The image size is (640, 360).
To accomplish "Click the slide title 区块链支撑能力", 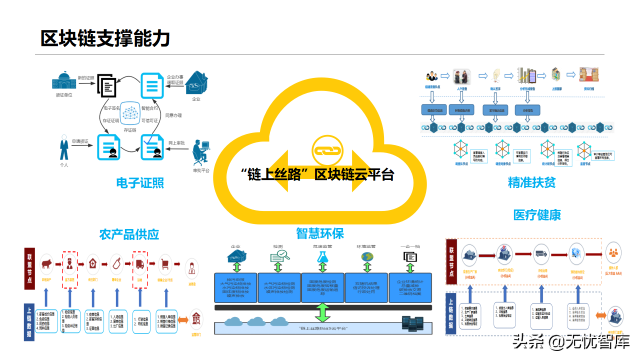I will (105, 38).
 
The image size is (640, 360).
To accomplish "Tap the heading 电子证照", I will (140, 183).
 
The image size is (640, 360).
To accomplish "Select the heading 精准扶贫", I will (531, 182).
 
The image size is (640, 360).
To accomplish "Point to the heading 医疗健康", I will (537, 214).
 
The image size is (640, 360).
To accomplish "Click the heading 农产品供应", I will (129, 234).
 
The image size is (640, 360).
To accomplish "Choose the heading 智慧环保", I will (320, 233).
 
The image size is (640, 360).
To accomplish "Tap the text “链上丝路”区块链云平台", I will (317, 175).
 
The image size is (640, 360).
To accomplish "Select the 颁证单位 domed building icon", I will (63, 81).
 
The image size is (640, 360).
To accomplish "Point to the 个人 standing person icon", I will (64, 148).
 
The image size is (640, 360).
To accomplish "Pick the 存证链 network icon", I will (130, 113).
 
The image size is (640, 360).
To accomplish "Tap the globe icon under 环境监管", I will (367, 256).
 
